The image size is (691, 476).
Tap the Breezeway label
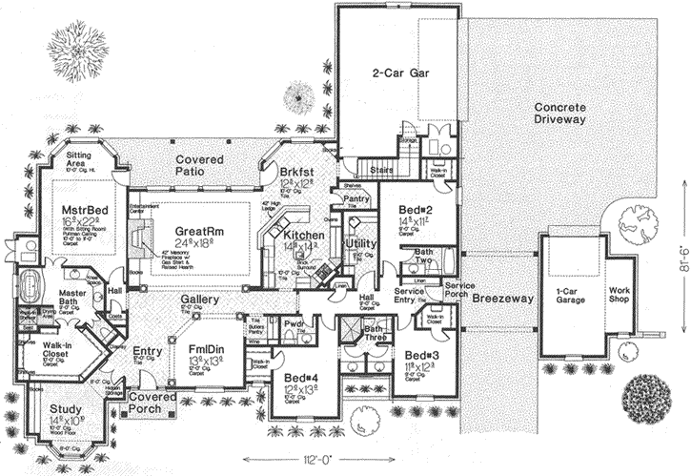pos(498,299)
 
